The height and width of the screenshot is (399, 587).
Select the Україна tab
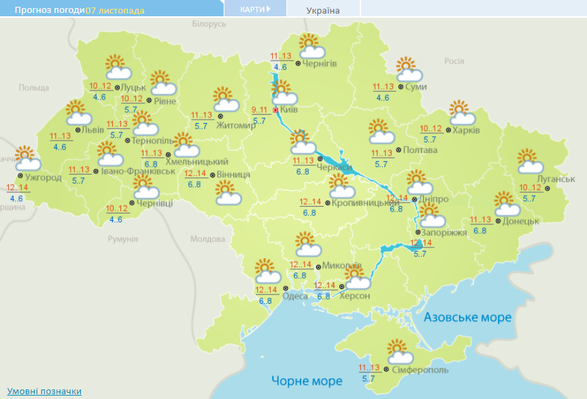pos(323,10)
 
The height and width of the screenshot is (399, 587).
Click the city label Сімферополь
pos(420,370)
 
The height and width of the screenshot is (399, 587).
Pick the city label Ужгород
pos(43,177)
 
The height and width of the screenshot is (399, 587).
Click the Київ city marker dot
pos(275,109)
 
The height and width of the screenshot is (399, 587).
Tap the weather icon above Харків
pos(460,111)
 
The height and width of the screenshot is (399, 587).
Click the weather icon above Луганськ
pos(529,161)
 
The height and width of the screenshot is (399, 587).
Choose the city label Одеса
pos(295,296)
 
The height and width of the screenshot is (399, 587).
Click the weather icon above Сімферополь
pos(400,351)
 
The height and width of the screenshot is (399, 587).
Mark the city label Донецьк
pos(521,221)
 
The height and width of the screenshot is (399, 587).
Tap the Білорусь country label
pos(208,24)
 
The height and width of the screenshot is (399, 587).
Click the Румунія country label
pos(122,239)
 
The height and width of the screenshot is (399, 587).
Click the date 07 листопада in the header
pos(115,10)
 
